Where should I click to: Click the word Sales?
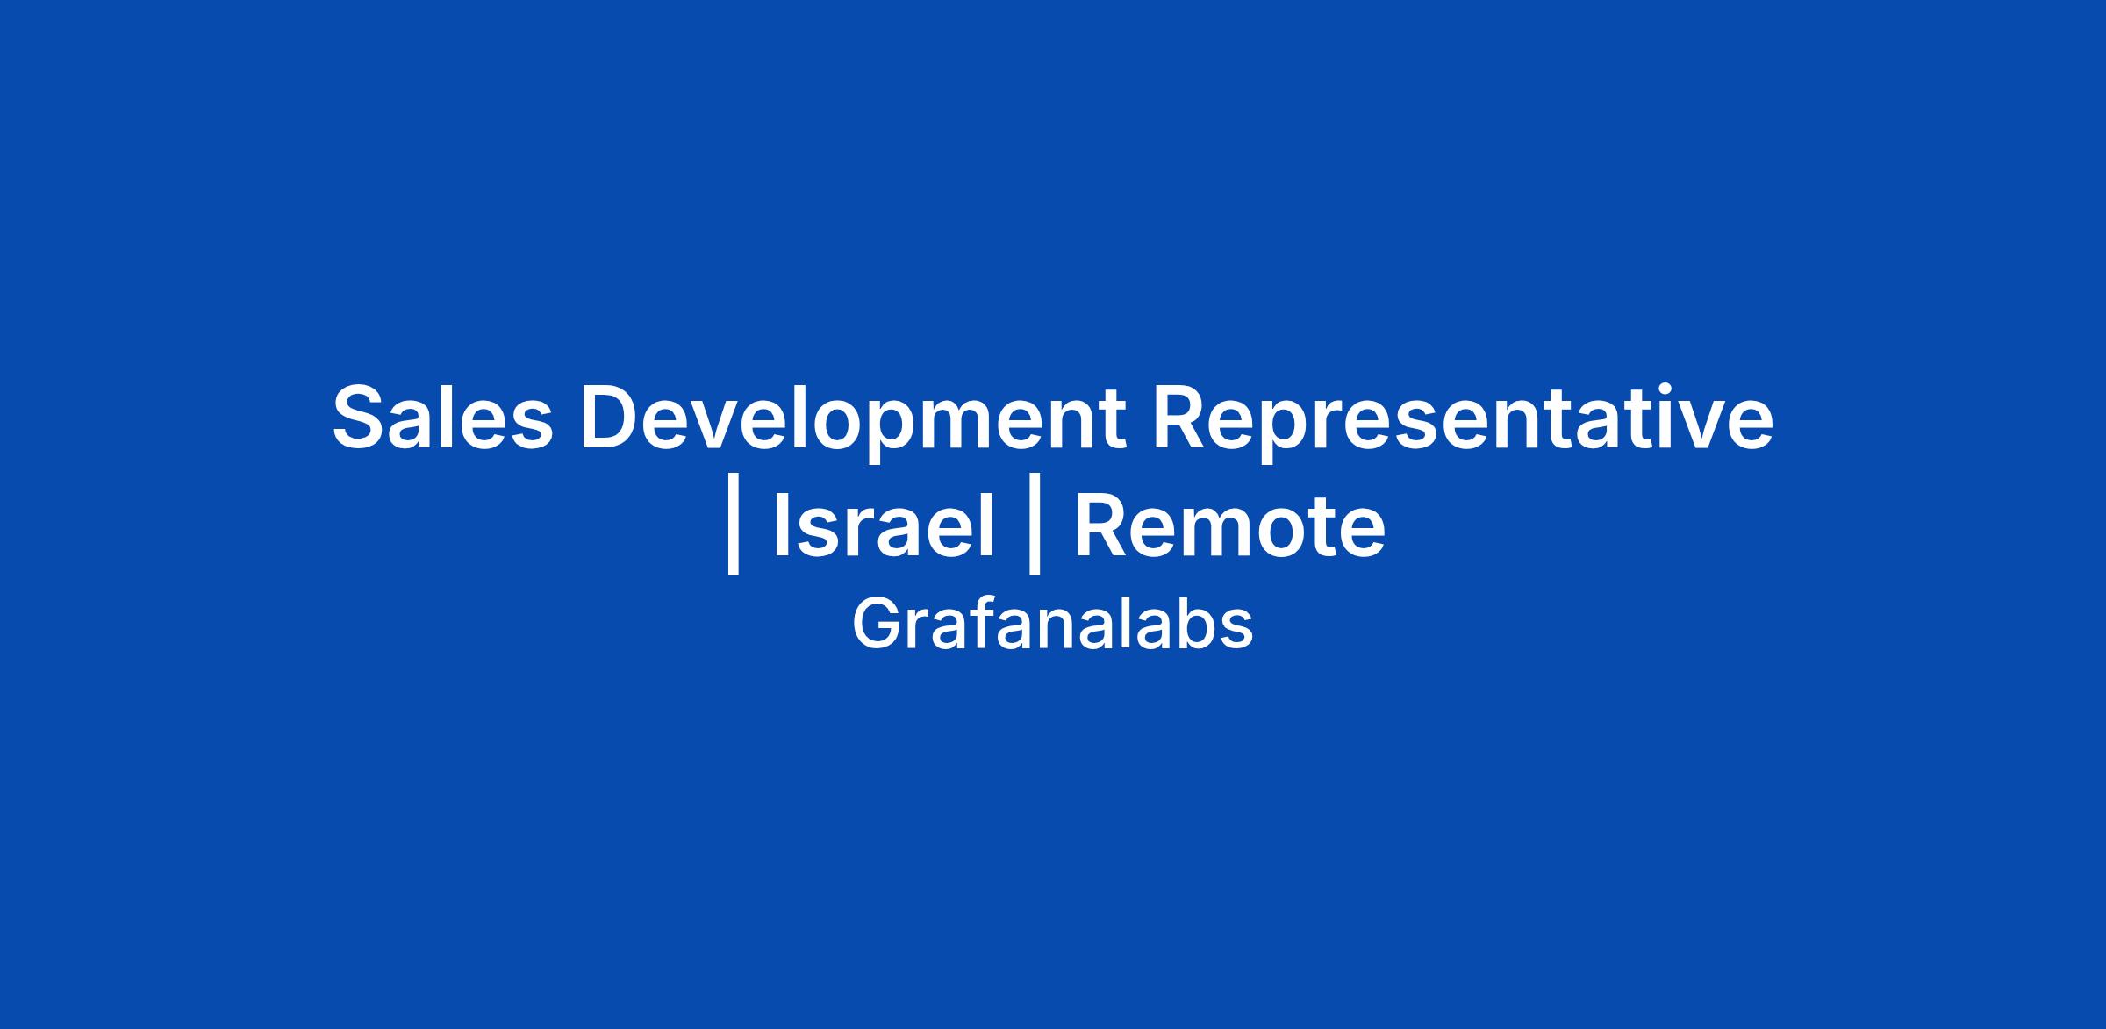[x=443, y=418]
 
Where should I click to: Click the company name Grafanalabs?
[x=1052, y=625]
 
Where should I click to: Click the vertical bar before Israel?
[x=734, y=525]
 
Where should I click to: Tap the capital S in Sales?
[x=361, y=418]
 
